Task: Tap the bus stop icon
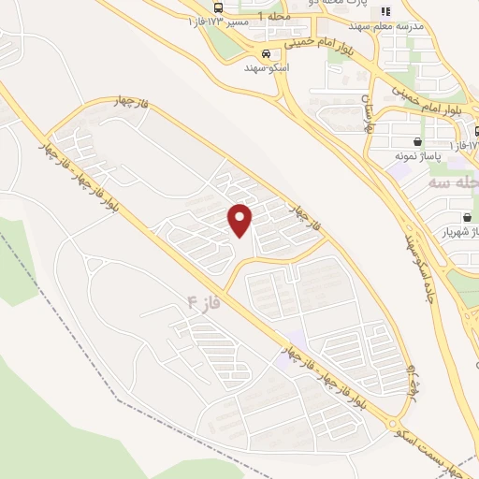[x=218, y=8]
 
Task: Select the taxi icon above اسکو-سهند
[x=267, y=53]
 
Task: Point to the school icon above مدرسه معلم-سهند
[x=384, y=12]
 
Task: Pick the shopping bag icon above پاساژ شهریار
[x=466, y=217]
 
